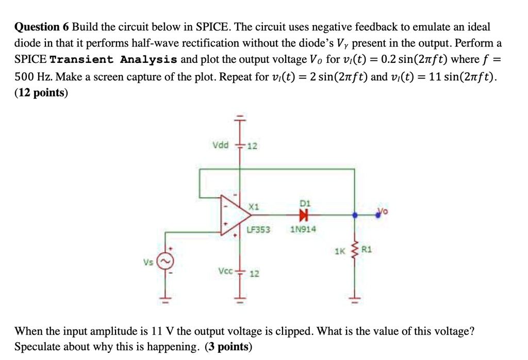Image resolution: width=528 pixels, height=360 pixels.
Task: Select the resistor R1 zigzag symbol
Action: pos(354,252)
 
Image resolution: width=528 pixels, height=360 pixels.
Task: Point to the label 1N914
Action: pos(304,230)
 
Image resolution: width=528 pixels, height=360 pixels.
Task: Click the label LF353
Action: pos(258,230)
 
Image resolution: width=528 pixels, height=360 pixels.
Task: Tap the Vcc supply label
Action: pos(226,270)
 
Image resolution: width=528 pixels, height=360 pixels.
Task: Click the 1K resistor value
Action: pos(339,252)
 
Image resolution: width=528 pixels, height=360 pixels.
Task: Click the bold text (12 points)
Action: pos(41,93)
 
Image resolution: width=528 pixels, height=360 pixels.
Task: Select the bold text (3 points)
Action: pos(228,347)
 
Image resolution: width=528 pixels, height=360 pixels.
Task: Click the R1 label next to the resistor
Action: pos(367,250)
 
